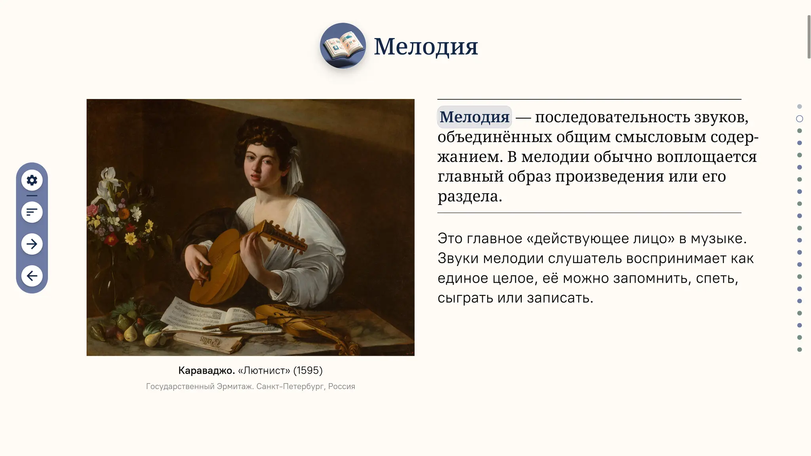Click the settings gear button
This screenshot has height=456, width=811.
pos(32,180)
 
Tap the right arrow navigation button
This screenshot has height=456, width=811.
pos(32,244)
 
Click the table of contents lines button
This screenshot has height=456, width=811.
pos(32,212)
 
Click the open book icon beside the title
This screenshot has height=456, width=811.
pos(343,46)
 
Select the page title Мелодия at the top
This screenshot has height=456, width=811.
pos(426,46)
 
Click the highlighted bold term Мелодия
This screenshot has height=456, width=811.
pos(474,117)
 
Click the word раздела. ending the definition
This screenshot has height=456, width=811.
pos(470,196)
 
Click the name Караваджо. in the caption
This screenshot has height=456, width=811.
pos(206,370)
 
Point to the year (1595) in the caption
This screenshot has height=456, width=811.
pos(308,370)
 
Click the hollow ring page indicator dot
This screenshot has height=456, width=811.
pos(800,119)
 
